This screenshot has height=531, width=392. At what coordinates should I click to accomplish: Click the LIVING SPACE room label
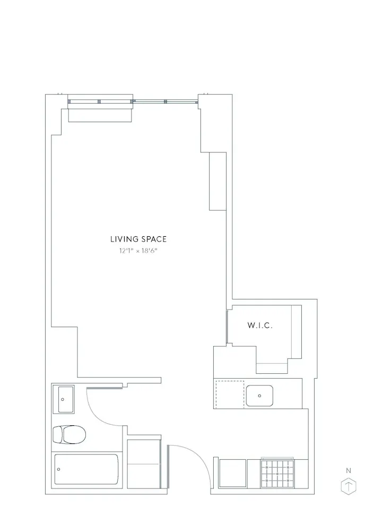pyautogui.click(x=138, y=239)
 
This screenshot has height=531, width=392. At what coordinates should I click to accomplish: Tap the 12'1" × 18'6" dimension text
pyautogui.click(x=138, y=251)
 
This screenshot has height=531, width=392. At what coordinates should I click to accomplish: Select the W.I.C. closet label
pyautogui.click(x=260, y=326)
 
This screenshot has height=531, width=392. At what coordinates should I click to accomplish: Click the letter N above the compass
pyautogui.click(x=349, y=470)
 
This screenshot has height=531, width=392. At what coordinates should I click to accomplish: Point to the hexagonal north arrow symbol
pyautogui.click(x=349, y=486)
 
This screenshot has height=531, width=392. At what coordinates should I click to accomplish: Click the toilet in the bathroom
pyautogui.click(x=69, y=435)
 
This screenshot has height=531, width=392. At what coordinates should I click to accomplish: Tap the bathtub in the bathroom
pyautogui.click(x=87, y=469)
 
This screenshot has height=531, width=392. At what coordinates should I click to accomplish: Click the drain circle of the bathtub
pyautogui.click(x=59, y=469)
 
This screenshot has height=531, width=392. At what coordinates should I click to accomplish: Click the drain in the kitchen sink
pyautogui.click(x=259, y=396)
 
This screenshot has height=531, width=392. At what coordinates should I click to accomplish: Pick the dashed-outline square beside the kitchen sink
pyautogui.click(x=229, y=394)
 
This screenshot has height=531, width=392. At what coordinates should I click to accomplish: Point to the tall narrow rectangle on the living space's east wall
pyautogui.click(x=218, y=181)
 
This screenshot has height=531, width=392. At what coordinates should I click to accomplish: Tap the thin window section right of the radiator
pyautogui.click(x=165, y=101)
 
